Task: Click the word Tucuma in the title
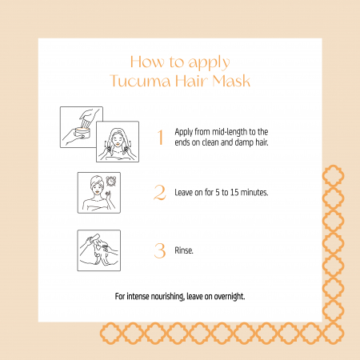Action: tap(140, 81)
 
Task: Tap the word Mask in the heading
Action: tap(231, 81)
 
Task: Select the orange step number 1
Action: tap(160, 137)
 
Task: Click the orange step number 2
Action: tap(160, 192)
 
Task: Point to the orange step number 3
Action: tap(160, 250)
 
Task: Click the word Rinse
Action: tap(184, 250)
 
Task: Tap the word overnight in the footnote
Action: tap(230, 297)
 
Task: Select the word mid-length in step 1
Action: tap(230, 132)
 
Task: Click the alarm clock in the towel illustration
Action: tap(110, 181)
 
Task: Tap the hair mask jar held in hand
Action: tap(82, 132)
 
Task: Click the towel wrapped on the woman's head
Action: tap(97, 181)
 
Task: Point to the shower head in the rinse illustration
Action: tap(94, 238)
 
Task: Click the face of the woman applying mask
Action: tap(117, 139)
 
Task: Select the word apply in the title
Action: tap(209, 63)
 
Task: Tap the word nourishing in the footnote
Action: tap(168, 297)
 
